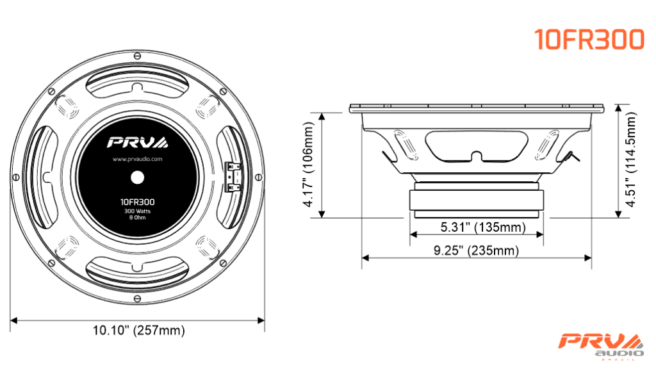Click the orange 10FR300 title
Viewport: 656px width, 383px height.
(589, 40)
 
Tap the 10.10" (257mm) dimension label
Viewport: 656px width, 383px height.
(138, 330)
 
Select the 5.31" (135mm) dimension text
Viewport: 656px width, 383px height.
(483, 227)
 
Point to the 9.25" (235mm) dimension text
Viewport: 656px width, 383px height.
(476, 250)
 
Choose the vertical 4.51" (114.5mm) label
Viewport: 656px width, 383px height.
(630, 159)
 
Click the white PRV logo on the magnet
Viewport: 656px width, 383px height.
(138, 142)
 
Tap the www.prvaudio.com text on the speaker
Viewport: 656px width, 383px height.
(137, 159)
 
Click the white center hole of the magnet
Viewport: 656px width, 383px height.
(137, 177)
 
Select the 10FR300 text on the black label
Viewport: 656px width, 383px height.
(137, 202)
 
